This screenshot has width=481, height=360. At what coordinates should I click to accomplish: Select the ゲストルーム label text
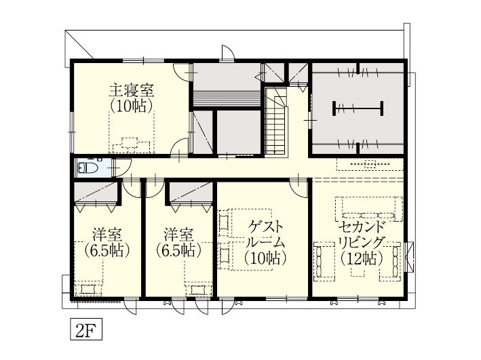pos(265,234)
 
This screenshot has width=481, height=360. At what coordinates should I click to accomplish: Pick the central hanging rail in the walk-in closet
pos(358,107)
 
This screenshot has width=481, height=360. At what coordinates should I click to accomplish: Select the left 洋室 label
pos(107,235)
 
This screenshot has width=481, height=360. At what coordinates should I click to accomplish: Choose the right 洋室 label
pos(178,235)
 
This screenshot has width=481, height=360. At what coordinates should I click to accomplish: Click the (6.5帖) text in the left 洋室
pos(107,250)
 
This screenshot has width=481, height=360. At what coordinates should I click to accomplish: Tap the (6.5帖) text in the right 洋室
pos(178,250)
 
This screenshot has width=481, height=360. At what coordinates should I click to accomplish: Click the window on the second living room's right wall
pos(409,254)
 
